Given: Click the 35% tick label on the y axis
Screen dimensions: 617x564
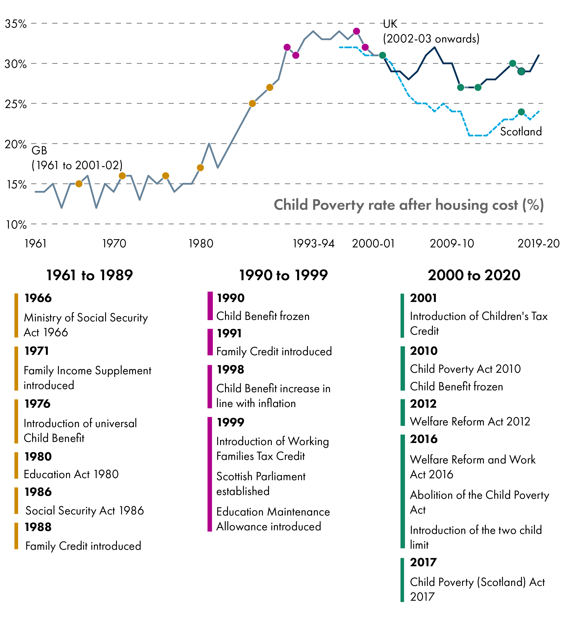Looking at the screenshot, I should pyautogui.click(x=15, y=24).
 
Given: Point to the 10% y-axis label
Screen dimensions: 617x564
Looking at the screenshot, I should pyautogui.click(x=16, y=225).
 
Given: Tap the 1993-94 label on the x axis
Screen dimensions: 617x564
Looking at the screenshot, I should pyautogui.click(x=313, y=244).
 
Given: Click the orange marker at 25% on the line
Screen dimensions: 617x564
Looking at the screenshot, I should pyautogui.click(x=252, y=103).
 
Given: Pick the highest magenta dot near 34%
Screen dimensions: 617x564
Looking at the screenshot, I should pyautogui.click(x=356, y=31).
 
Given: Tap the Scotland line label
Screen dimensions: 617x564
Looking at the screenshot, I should pyautogui.click(x=521, y=132).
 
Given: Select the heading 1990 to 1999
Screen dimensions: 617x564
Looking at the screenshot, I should pyautogui.click(x=283, y=275).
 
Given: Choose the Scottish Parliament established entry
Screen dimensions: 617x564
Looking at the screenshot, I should pyautogui.click(x=261, y=484).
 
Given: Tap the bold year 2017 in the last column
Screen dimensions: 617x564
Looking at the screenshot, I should pyautogui.click(x=423, y=562).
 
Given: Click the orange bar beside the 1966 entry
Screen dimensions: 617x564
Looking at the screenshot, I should pyautogui.click(x=16, y=315).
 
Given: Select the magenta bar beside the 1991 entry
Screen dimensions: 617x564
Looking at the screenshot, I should pyautogui.click(x=210, y=342).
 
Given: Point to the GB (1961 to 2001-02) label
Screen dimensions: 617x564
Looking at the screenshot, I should pyautogui.click(x=77, y=158).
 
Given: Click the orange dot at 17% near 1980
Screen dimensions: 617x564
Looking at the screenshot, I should pyautogui.click(x=200, y=168).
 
